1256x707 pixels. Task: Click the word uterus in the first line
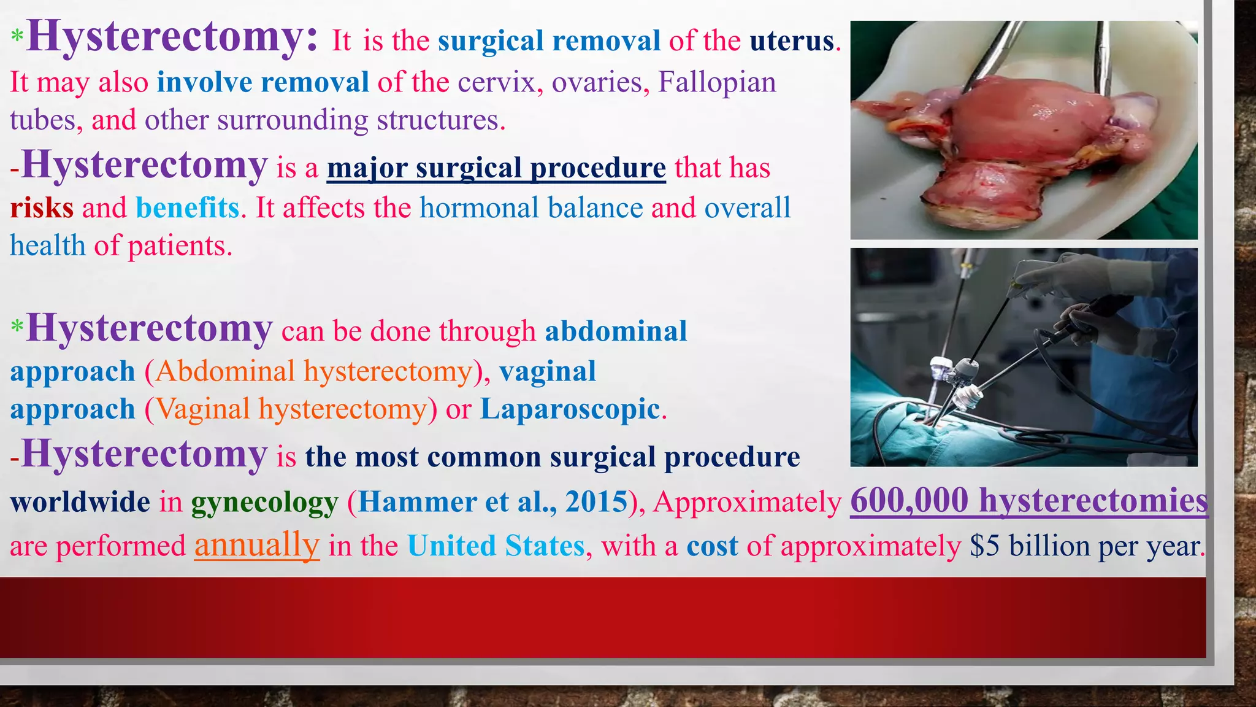792,41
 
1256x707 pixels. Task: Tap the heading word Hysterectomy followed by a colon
172,37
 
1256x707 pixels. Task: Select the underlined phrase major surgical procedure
496,168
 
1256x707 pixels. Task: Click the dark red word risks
42,208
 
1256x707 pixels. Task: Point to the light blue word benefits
188,208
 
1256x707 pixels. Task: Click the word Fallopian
717,83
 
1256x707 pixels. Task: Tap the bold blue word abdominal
616,331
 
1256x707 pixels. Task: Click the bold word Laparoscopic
570,409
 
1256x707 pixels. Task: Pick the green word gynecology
264,503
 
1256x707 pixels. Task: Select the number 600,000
909,500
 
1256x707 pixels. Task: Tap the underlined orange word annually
257,544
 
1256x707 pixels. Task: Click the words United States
496,546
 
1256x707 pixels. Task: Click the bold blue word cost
712,546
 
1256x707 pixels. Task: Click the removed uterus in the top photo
1030,129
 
